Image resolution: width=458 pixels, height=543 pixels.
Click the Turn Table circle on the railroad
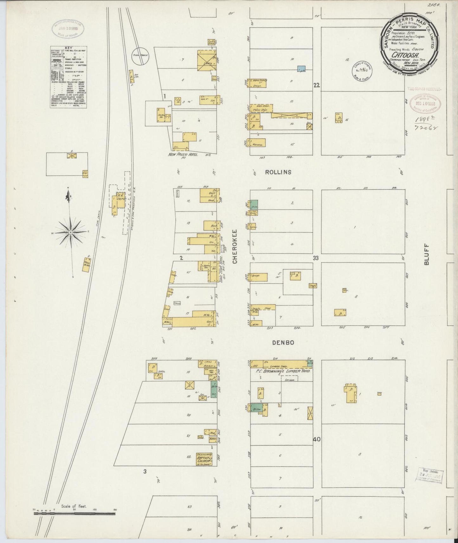(140, 56)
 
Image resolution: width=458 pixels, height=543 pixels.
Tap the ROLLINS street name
(278, 172)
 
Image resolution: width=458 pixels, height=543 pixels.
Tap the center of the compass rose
(70, 233)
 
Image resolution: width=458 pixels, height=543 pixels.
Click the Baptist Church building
(203, 459)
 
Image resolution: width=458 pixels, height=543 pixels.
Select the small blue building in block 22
(301, 68)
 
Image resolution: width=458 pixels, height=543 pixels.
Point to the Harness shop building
(257, 143)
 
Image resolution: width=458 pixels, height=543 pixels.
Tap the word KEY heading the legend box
(68, 48)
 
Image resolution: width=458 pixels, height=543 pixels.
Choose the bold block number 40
(317, 439)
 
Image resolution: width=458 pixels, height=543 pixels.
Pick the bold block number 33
(315, 258)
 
